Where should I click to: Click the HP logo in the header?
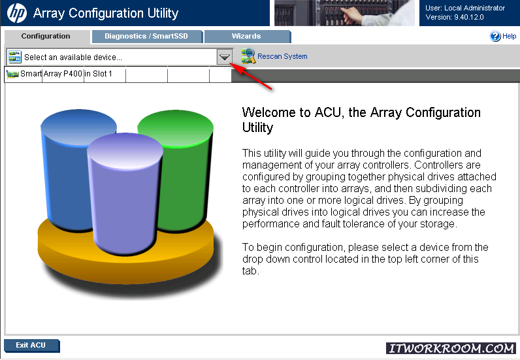pyautogui.click(x=17, y=13)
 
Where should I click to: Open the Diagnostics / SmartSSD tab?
pyautogui.click(x=146, y=36)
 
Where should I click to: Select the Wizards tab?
pyautogui.click(x=247, y=36)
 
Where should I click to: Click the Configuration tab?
pyautogui.click(x=46, y=36)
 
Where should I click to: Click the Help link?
pyautogui.click(x=509, y=36)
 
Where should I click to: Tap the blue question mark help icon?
pyautogui.click(x=495, y=36)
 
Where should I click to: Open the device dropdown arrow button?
pyautogui.click(x=224, y=57)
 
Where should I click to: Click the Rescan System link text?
pyautogui.click(x=282, y=56)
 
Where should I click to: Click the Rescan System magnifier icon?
pyautogui.click(x=248, y=56)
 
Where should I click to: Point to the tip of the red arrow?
pyautogui.click(x=230, y=63)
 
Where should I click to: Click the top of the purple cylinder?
pyautogui.click(x=125, y=152)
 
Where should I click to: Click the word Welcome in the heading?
pyautogui.click(x=269, y=112)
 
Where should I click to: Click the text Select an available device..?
pyautogui.click(x=73, y=57)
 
